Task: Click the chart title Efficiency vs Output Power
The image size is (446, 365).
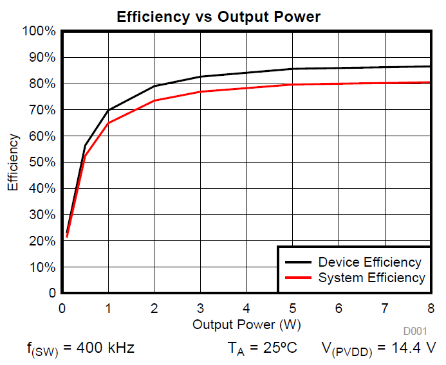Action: pyautogui.click(x=218, y=17)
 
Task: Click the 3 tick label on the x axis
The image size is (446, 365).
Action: pyautogui.click(x=200, y=307)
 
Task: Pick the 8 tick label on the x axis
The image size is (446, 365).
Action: pyautogui.click(x=431, y=307)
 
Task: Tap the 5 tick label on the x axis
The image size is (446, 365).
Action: pyautogui.click(x=293, y=307)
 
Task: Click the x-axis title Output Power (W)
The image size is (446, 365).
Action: pyautogui.click(x=246, y=325)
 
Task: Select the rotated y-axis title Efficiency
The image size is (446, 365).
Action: pyautogui.click(x=13, y=162)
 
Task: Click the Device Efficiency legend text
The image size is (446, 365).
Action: pyautogui.click(x=369, y=262)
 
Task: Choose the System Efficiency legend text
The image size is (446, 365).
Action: pyautogui.click(x=371, y=278)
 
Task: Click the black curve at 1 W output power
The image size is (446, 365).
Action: pyautogui.click(x=108, y=110)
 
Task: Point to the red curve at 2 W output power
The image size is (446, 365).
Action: pyautogui.click(x=154, y=100)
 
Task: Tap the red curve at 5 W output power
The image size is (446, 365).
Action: pyautogui.click(x=293, y=84)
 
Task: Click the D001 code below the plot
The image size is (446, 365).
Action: pyautogui.click(x=415, y=332)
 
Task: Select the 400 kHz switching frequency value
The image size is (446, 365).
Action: pyautogui.click(x=106, y=349)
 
